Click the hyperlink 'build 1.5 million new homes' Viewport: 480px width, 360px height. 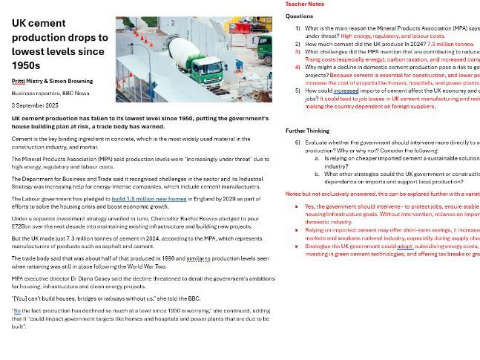[x=148, y=199]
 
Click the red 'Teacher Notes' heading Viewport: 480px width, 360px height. [x=305, y=4]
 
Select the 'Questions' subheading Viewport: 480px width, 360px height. [x=299, y=16]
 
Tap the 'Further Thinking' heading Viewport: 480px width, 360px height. [x=306, y=131]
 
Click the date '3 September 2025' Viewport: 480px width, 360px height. [x=35, y=105]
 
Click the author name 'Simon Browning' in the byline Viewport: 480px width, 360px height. [x=73, y=81]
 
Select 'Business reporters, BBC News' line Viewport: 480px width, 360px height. [x=50, y=94]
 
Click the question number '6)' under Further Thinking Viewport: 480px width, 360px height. [x=297, y=143]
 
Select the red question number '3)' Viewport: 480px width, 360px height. [x=297, y=52]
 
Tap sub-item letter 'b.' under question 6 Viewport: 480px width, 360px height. [x=317, y=174]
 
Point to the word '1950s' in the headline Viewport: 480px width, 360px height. [x=26, y=65]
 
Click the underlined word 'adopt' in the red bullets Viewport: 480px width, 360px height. [x=404, y=246]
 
